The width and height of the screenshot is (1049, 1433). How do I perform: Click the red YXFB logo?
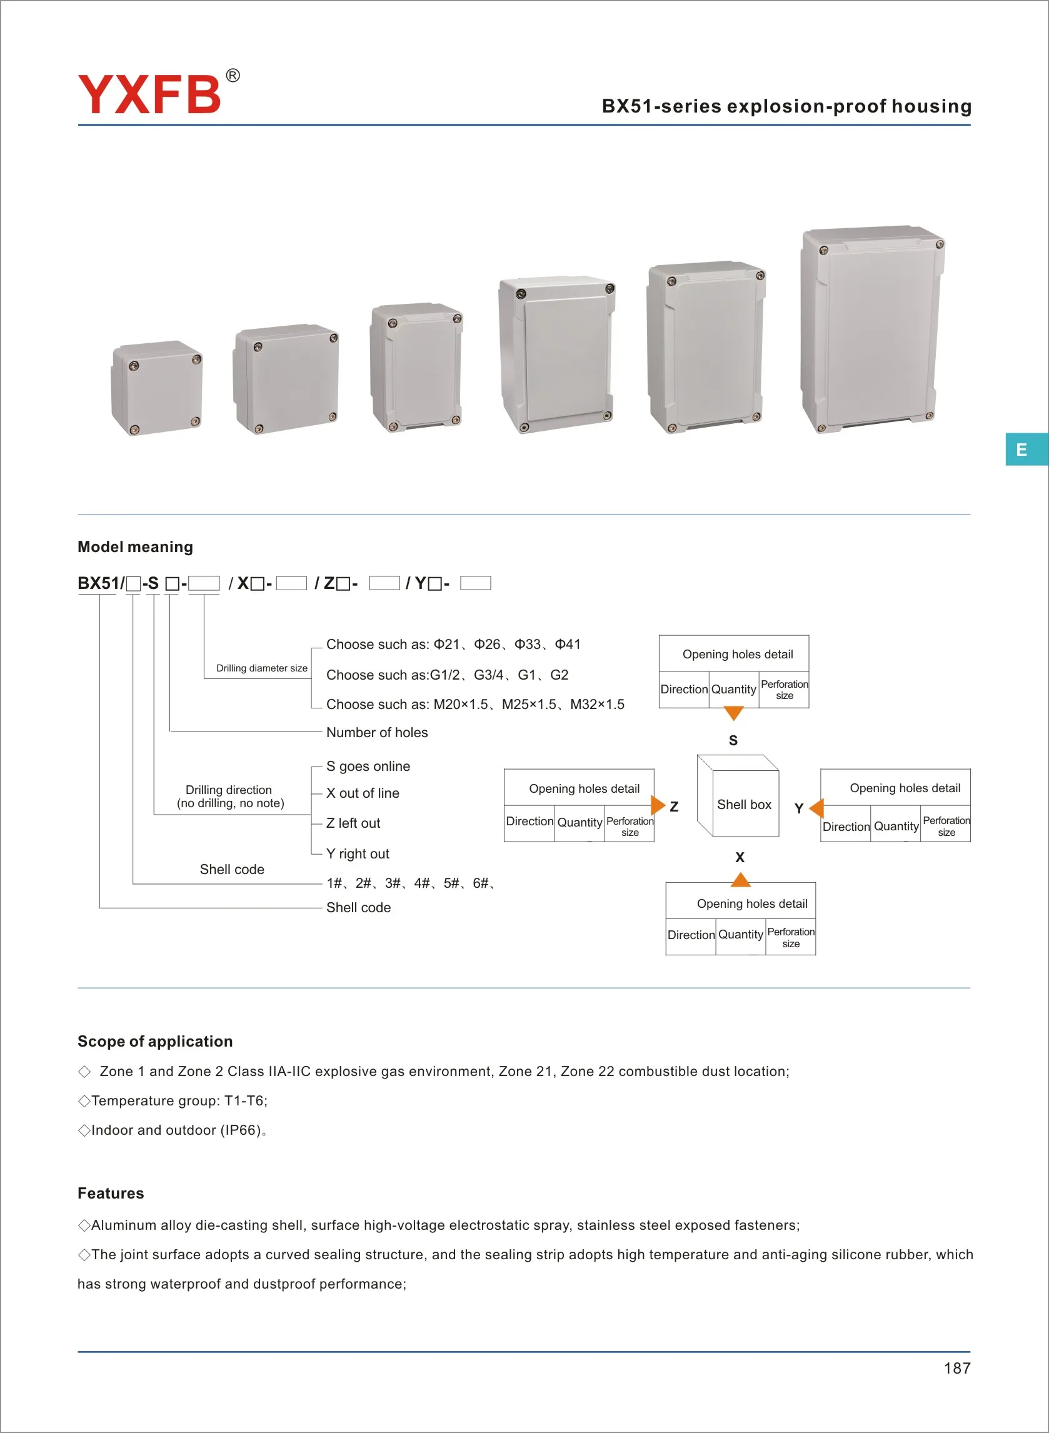click(149, 94)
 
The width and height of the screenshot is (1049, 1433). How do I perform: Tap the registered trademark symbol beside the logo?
click(233, 76)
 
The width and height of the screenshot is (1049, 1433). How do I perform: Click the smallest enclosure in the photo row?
click(157, 388)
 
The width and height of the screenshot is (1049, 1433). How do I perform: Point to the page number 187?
click(956, 1368)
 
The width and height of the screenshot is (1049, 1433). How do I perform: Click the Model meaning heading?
click(135, 546)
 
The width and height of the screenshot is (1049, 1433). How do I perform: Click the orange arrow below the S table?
click(733, 713)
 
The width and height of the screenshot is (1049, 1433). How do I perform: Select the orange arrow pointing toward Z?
click(658, 805)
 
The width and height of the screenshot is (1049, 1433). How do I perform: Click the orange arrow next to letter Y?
click(817, 808)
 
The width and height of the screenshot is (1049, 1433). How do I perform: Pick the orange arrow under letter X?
click(740, 879)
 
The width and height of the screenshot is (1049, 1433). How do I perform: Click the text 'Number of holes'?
click(376, 732)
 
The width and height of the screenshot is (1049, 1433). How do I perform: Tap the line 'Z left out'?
click(353, 823)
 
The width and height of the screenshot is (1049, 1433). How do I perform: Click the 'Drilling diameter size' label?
click(261, 668)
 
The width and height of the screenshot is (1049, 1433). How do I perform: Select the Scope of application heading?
click(155, 1041)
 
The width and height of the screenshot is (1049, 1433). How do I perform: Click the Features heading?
click(111, 1193)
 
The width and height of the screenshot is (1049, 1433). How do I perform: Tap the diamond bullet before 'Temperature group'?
click(84, 1101)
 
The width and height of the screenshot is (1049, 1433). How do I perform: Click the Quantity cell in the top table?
click(733, 690)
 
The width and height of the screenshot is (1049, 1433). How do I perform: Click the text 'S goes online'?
click(368, 767)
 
